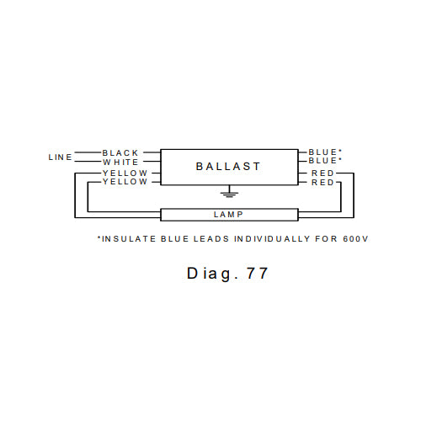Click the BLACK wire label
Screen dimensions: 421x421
[120, 153]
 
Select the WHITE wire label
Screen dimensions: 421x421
[120, 163]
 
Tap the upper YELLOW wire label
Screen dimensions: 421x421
[125, 173]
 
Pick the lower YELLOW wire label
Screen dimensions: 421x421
[125, 182]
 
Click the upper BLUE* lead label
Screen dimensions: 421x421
[325, 152]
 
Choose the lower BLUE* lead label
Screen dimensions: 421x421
[325, 161]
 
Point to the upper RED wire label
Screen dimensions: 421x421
[322, 173]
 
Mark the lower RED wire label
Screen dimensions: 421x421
[322, 183]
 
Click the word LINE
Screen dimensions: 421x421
[61, 157]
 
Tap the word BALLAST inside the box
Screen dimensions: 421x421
[228, 167]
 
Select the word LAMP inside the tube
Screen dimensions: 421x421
[228, 215]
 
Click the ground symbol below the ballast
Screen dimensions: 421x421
[229, 191]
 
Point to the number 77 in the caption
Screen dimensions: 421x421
[258, 273]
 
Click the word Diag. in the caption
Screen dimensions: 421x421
[213, 274]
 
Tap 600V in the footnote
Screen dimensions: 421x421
[355, 239]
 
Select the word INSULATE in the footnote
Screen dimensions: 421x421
[129, 239]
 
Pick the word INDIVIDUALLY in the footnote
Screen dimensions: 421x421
[272, 239]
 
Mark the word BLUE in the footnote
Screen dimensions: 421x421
[174, 239]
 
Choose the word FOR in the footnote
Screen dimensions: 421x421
[326, 239]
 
